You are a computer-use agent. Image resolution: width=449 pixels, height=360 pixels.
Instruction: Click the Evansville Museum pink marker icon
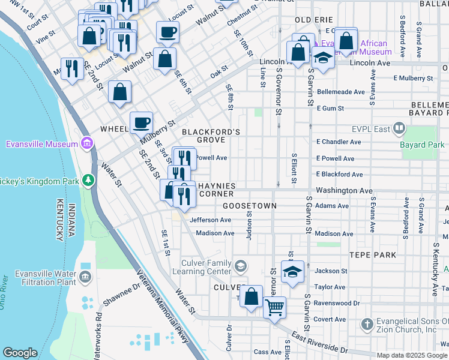87,143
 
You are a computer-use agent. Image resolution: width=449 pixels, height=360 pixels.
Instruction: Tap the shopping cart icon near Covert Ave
274,308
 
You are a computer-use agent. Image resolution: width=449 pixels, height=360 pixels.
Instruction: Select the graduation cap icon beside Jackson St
292,272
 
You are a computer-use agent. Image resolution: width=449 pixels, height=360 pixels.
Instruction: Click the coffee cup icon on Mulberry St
141,123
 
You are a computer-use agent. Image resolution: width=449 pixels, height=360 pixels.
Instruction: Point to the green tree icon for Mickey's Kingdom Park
88,179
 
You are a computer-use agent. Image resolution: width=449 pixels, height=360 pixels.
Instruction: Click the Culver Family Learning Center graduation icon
241,266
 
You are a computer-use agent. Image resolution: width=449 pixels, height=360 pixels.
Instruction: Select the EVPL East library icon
398,128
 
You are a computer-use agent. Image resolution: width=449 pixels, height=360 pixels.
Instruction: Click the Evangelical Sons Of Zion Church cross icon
368,325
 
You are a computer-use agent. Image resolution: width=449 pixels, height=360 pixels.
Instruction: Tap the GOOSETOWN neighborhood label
249,206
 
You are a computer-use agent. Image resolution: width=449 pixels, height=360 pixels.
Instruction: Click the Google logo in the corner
20,353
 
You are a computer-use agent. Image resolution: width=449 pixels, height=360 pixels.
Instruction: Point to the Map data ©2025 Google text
411,355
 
